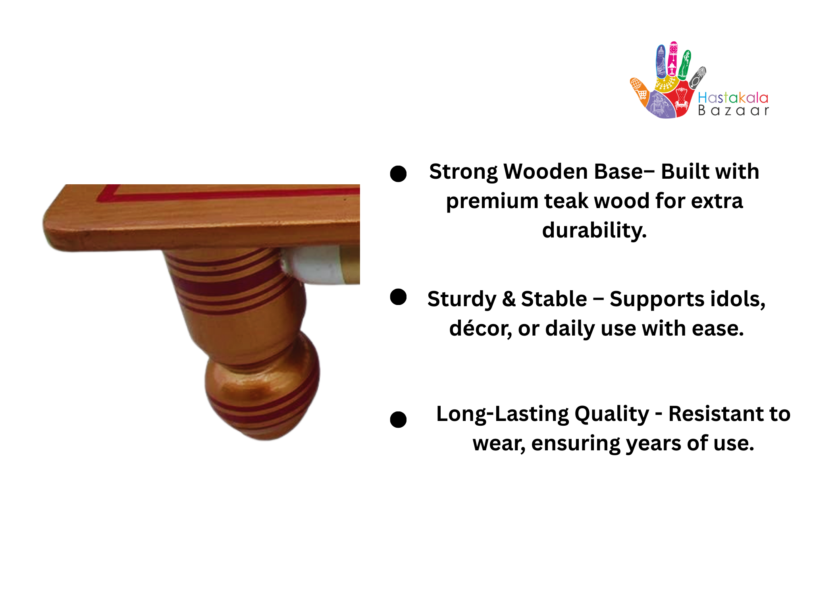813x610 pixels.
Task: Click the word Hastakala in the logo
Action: [733, 98]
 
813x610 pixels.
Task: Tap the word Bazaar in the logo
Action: [733, 110]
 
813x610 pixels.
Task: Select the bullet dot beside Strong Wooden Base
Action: [398, 174]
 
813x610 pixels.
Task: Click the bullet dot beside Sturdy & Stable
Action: [398, 297]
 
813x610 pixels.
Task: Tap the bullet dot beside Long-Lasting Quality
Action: [398, 419]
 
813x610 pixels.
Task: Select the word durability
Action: [594, 230]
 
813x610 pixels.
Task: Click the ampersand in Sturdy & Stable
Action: [509, 299]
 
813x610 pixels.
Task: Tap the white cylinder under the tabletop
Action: [312, 265]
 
